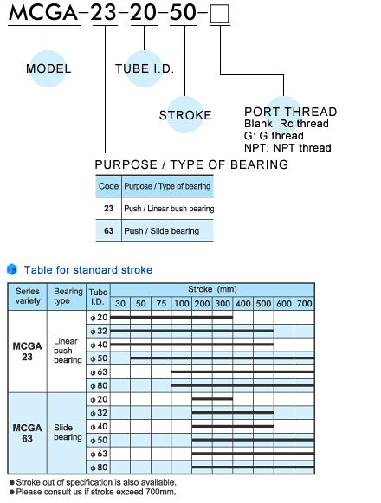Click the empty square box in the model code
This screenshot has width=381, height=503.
click(220, 14)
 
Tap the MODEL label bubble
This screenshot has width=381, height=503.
click(48, 68)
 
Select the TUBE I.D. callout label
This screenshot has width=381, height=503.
click(145, 68)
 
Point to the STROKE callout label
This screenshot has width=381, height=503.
click(185, 115)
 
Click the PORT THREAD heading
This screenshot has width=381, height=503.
click(291, 112)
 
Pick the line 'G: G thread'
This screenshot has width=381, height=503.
click(274, 136)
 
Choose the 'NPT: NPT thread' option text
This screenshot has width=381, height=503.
click(287, 148)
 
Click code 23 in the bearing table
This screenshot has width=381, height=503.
click(108, 209)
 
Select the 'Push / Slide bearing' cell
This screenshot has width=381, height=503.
click(161, 231)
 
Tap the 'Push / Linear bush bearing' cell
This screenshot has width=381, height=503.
click(169, 209)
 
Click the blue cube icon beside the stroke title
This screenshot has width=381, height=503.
click(12, 269)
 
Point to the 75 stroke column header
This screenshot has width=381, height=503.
click(161, 304)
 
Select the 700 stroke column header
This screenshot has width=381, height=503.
click(304, 304)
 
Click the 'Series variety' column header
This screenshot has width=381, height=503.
click(28, 296)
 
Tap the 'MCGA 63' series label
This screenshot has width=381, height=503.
click(28, 433)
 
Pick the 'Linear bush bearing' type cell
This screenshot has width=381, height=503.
click(68, 351)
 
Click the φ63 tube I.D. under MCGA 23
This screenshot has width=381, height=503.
click(99, 371)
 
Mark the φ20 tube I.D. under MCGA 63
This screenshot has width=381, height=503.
click(99, 399)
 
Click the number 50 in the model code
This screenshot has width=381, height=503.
click(183, 13)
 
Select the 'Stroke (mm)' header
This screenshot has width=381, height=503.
click(212, 289)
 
